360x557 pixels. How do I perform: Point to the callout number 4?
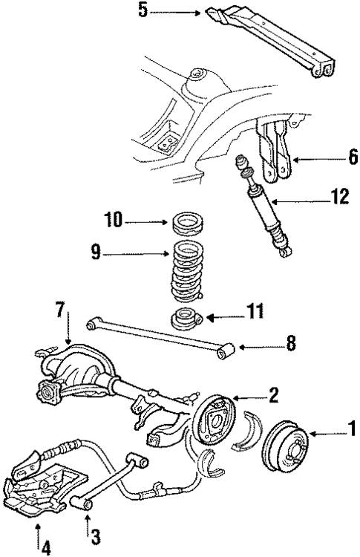click(x=46, y=548)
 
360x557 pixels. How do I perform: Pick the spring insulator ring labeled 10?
click(x=186, y=222)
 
